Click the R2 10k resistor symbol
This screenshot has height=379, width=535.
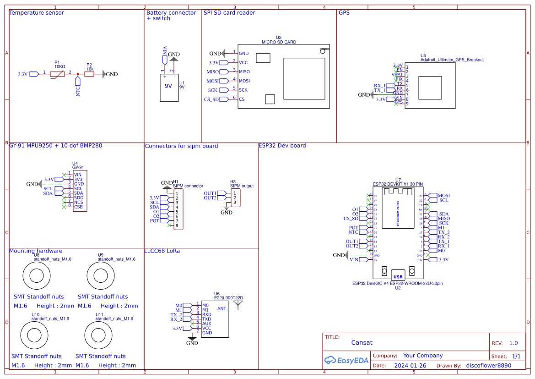[x=89, y=74]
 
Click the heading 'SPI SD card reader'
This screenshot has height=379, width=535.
[x=229, y=13]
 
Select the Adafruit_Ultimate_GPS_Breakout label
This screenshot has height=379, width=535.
[x=452, y=60]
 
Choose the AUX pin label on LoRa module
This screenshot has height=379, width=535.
[x=206, y=324]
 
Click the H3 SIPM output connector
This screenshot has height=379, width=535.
[x=235, y=198]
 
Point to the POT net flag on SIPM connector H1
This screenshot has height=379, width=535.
[x=156, y=221]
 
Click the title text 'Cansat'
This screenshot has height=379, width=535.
[x=362, y=342]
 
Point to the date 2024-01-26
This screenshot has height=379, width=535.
[x=410, y=366]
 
